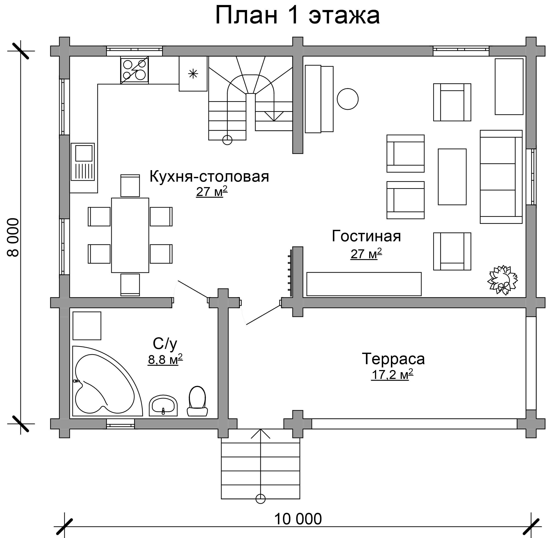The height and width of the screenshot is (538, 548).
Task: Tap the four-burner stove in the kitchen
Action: pyautogui.click(x=134, y=70)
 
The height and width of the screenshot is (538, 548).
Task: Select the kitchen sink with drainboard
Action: pyautogui.click(x=83, y=162)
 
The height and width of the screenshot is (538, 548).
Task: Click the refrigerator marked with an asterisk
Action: pyautogui.click(x=193, y=74)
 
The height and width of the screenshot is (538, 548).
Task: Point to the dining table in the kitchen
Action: pyautogui.click(x=130, y=235)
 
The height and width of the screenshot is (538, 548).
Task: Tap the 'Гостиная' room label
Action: pyautogui.click(x=366, y=236)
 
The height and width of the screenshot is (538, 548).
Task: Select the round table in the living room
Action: pyautogui.click(x=348, y=99)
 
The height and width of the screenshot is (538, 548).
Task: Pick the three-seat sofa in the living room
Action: pyautogui.click(x=501, y=177)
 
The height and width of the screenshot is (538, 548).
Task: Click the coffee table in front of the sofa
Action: pyautogui.click(x=452, y=177)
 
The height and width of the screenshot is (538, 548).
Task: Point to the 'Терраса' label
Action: pyautogui.click(x=393, y=359)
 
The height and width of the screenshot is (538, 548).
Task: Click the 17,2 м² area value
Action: pyautogui.click(x=392, y=374)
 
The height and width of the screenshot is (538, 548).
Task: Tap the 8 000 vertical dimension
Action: pyautogui.click(x=13, y=237)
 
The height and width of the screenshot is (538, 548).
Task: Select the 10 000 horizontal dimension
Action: pyautogui.click(x=298, y=519)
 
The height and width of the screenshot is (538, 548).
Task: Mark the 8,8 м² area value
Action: pyautogui.click(x=165, y=359)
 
